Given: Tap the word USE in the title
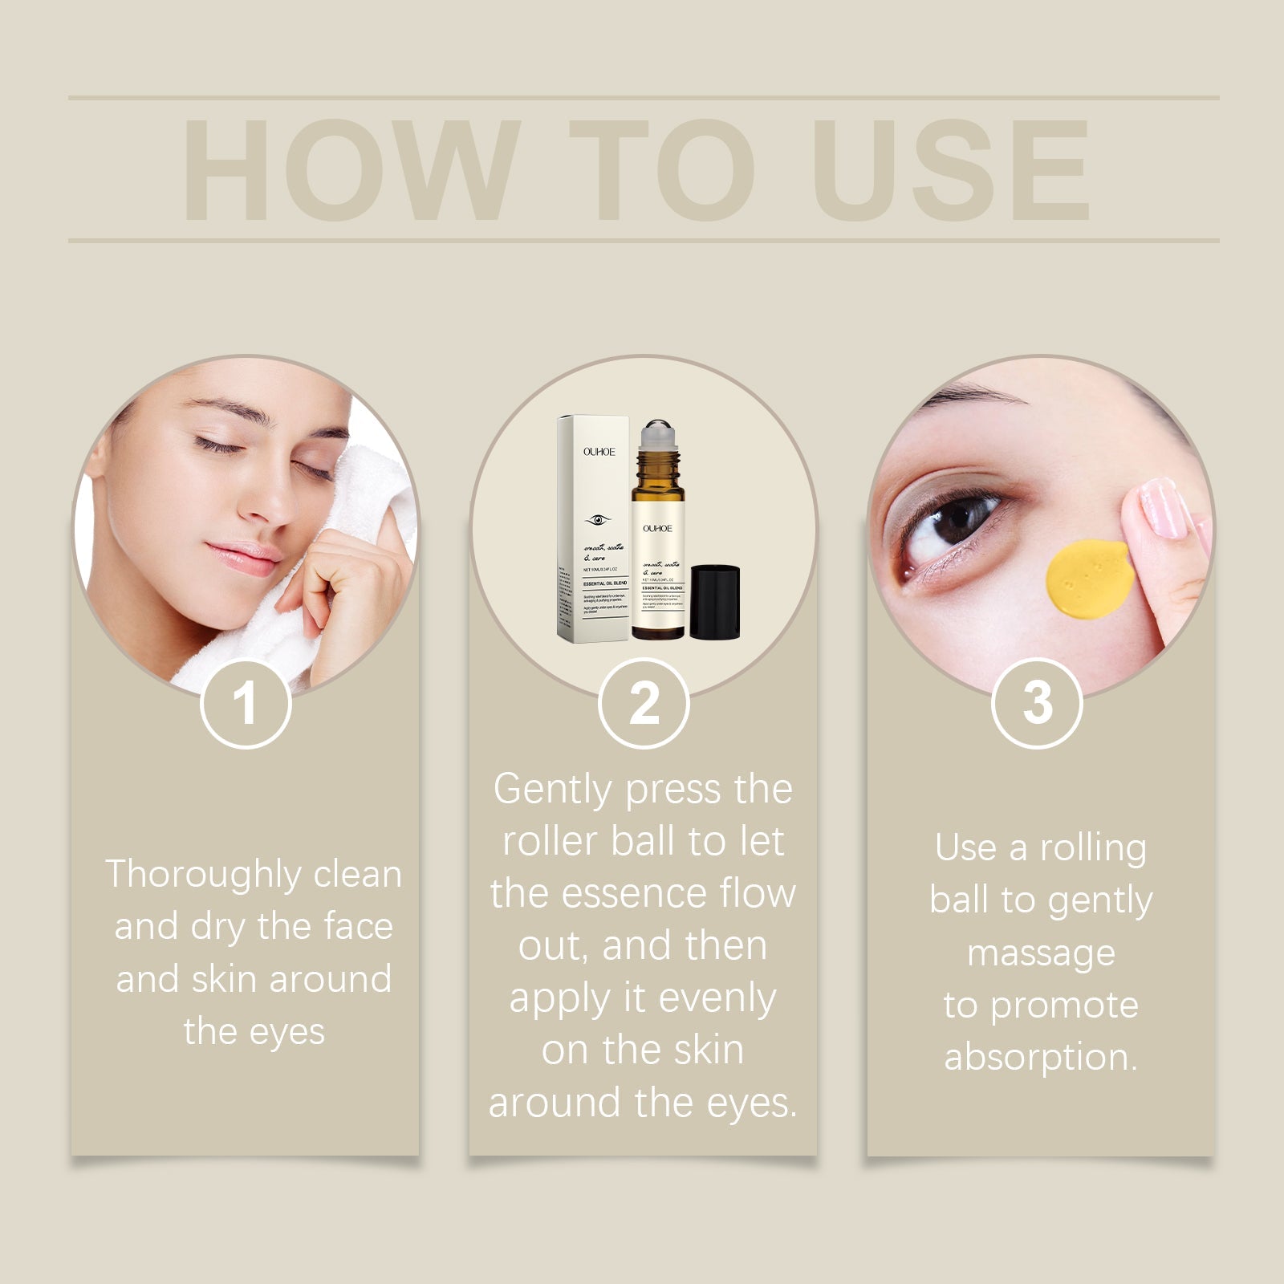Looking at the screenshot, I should (x=952, y=170).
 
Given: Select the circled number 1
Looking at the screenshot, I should (x=245, y=704).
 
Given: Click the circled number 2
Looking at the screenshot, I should (x=644, y=704).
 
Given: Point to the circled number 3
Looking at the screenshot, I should (x=1037, y=704).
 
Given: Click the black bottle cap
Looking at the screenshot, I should (x=714, y=602).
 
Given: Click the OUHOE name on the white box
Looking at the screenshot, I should (x=599, y=452).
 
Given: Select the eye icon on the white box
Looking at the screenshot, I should (x=596, y=520).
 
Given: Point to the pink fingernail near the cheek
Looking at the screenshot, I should (x=1161, y=507).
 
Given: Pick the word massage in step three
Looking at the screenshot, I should (x=1041, y=953).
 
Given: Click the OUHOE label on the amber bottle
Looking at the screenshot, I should (x=657, y=528).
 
